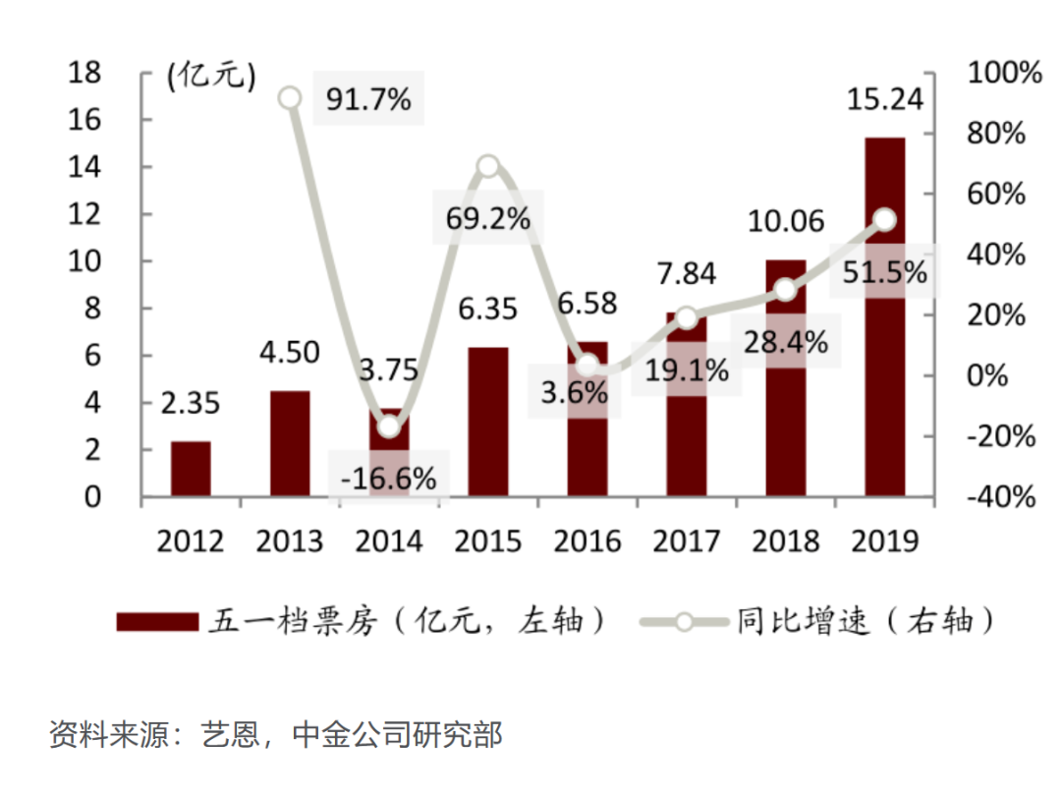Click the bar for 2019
pyautogui.click(x=884, y=316)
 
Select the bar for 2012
pyautogui.click(x=191, y=469)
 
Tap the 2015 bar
pyautogui.click(x=488, y=422)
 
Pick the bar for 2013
pyautogui.click(x=290, y=443)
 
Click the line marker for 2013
pyautogui.click(x=290, y=97)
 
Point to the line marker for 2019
pyautogui.click(x=884, y=220)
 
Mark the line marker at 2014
pyautogui.click(x=389, y=426)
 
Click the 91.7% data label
pyautogui.click(x=367, y=99)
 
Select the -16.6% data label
pyautogui.click(x=388, y=479)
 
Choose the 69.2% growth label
pyautogui.click(x=487, y=218)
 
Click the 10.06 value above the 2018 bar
pyautogui.click(x=786, y=221)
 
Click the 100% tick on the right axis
pyautogui.click(x=1003, y=73)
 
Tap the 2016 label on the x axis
pyautogui.click(x=587, y=540)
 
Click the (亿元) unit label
pyautogui.click(x=210, y=75)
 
